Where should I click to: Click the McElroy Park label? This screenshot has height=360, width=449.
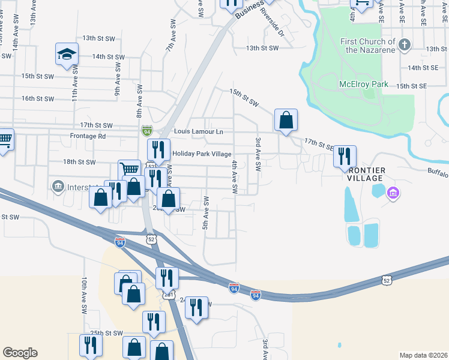pos(364,85)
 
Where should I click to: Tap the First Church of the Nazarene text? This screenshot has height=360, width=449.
pos(367,46)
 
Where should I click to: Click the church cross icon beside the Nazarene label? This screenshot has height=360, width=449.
pos(405,44)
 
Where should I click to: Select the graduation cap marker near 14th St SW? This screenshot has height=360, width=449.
pos(67,55)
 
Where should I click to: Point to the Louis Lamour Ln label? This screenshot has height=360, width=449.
pos(198,131)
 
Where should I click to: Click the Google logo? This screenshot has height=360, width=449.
pos(20,353)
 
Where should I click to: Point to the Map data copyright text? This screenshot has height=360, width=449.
pos(423,355)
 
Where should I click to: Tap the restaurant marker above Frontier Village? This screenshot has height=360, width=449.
pos(345,157)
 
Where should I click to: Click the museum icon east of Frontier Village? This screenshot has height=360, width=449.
pos(393,193)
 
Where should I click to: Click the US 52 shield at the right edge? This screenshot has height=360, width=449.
pos(387,280)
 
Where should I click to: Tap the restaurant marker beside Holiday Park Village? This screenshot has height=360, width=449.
pos(158,150)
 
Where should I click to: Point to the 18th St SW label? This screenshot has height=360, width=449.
pos(79,162)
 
